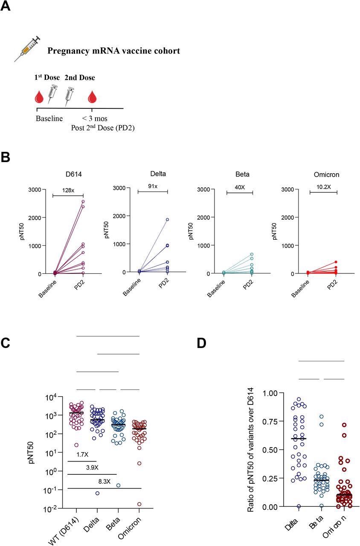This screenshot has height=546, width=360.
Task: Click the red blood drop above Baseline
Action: (39, 97)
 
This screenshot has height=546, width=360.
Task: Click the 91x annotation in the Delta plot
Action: (153, 186)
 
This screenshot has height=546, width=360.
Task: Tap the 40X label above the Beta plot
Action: (239, 186)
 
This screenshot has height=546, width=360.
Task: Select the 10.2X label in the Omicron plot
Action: (323, 186)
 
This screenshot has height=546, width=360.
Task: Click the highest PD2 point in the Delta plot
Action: (168, 220)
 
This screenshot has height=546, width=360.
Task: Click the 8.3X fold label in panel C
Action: (104, 482)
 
